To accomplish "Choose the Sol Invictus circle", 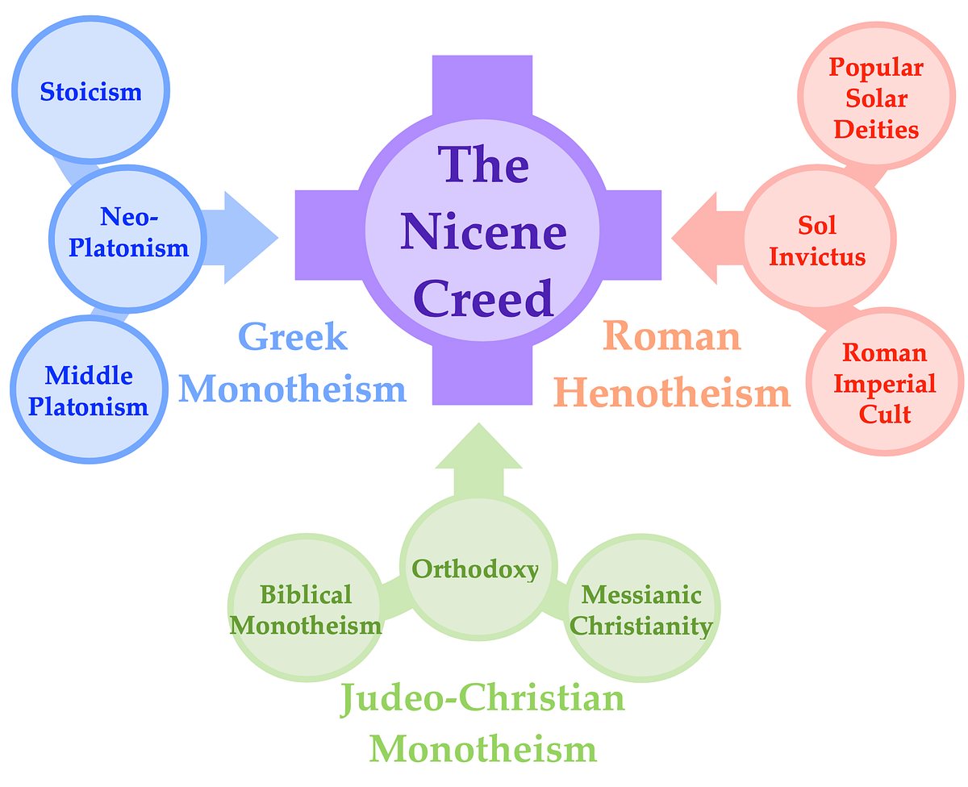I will tap(817, 241).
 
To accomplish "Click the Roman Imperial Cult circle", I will tap(884, 384).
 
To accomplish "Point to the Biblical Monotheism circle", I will tap(306, 610).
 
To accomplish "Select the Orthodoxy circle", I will tap(476, 569).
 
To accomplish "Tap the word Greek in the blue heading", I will tap(294, 336).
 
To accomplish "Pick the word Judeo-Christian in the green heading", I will tap(482, 697).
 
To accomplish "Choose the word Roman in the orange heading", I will tap(671, 336).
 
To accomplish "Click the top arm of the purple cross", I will tap(482, 85).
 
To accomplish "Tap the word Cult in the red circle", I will tap(884, 414).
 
